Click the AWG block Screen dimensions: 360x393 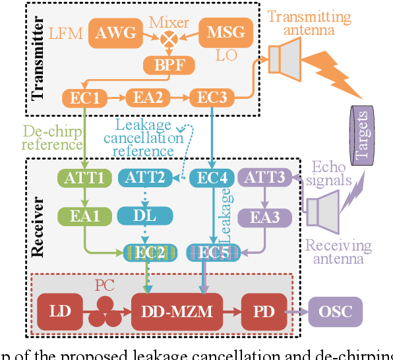click(x=116, y=32)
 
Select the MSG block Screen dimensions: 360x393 click(x=226, y=32)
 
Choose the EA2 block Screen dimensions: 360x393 click(x=149, y=98)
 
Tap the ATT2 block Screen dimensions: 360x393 click(x=144, y=177)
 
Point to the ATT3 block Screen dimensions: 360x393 click(x=263, y=177)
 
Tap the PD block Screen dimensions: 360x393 click(x=263, y=311)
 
